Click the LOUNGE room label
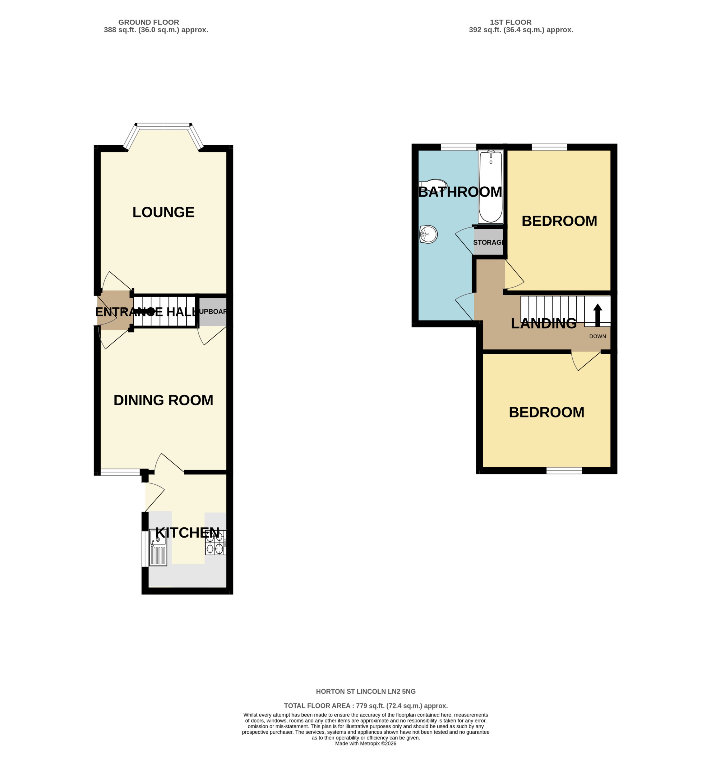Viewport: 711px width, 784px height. pos(163,212)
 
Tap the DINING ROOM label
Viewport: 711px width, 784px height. pos(163,400)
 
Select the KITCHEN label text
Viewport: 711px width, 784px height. pos(187,533)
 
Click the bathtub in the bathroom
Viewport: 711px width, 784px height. pos(491,187)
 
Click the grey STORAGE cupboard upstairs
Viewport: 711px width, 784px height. pos(488,242)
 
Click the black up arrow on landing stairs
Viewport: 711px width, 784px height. pos(598,315)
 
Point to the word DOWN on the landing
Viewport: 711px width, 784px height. pos(598,336)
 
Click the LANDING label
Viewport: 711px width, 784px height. pos(543,324)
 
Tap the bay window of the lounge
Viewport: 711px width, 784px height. pos(163,126)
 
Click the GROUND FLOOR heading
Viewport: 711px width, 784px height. pos(148,22)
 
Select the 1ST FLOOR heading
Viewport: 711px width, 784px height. pos(510,22)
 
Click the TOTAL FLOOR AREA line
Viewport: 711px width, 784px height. pos(366,706)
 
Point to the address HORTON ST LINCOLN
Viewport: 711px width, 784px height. pos(366,691)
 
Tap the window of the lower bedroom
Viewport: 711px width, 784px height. pos(564,470)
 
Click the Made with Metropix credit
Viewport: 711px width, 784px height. pos(366,744)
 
